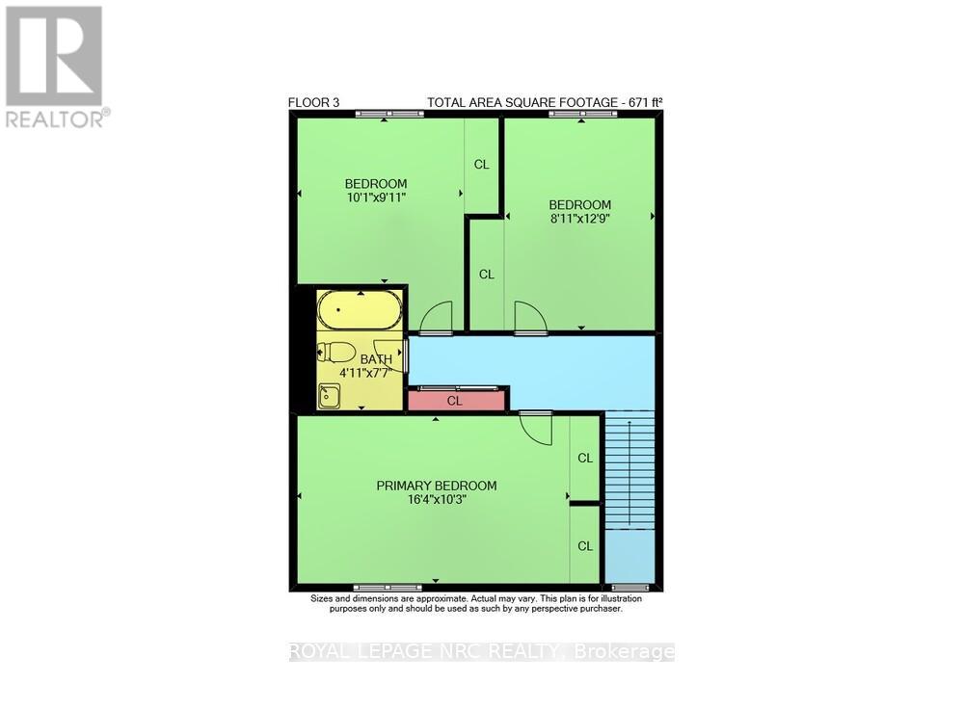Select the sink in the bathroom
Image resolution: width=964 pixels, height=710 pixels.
click(x=330, y=394)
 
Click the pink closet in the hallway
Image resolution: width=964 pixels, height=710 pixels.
click(x=456, y=400)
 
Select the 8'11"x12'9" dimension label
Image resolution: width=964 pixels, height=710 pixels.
click(x=580, y=219)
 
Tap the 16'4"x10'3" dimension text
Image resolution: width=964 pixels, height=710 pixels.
click(x=436, y=500)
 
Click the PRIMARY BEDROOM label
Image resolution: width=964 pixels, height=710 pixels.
click(x=436, y=486)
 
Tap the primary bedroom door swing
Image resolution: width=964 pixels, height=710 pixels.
click(x=536, y=426)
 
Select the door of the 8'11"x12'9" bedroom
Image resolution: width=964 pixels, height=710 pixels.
click(x=529, y=319)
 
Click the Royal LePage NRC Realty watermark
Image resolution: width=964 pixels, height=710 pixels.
click(x=482, y=652)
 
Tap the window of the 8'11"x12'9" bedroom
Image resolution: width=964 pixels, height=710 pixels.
click(x=581, y=115)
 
